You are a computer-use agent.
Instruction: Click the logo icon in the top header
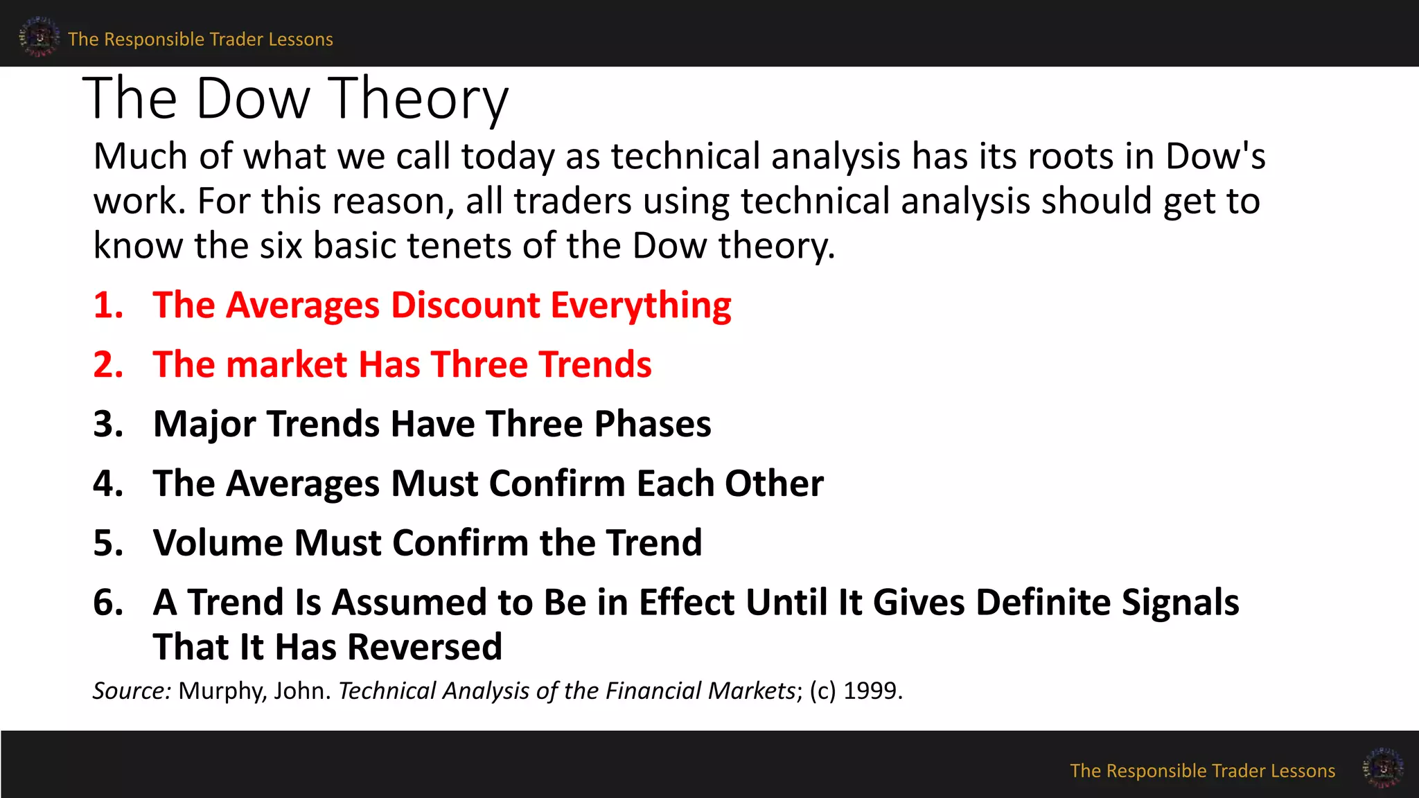(39, 37)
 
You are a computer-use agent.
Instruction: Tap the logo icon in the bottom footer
(1382, 768)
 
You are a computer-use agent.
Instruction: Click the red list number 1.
(108, 305)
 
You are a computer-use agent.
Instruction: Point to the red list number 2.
(108, 365)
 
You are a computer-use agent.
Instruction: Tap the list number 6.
(108, 602)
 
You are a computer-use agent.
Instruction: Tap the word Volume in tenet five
(218, 542)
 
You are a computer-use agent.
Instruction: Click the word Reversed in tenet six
(424, 647)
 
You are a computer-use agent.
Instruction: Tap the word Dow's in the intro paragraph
(1215, 156)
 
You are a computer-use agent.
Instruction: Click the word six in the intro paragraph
(281, 245)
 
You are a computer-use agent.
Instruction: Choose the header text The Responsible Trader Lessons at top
(200, 39)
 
